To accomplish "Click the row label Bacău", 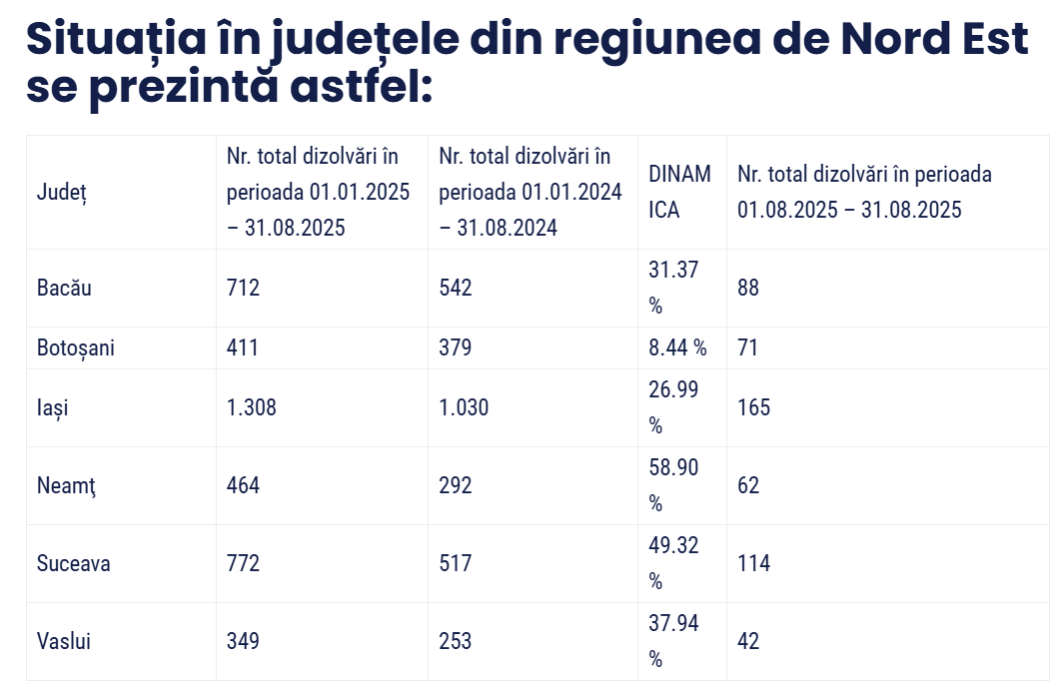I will coord(64,289).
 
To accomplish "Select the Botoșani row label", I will coord(76,348).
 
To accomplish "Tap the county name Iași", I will coord(53,408).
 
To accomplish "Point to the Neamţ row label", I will coord(66,486).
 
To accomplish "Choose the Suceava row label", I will coord(74,564).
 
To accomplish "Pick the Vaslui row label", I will coord(64,641).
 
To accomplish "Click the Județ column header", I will coord(62,192).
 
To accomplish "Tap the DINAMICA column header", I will coord(680,192).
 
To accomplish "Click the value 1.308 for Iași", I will coord(252,408).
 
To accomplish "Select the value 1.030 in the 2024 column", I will coord(465,408).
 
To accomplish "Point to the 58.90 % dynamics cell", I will coord(674,485).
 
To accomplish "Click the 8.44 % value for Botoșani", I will coord(677,348).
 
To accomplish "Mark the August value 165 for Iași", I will coord(754,408).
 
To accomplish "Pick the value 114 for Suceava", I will coord(754,564).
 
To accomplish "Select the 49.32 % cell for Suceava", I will coord(674,563).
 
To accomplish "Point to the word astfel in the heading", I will coord(360,88).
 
